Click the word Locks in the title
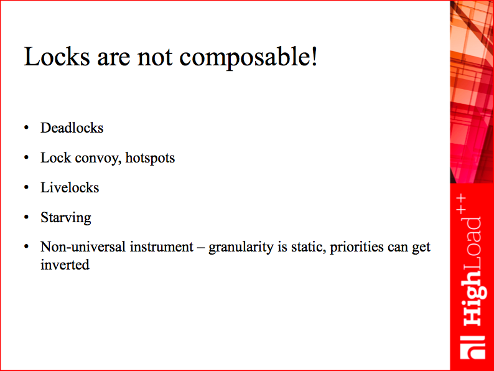coord(57,57)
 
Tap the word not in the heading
coord(155,58)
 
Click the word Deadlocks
coord(72,128)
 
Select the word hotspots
coord(150,158)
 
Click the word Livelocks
coord(70,187)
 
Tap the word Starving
coord(66,218)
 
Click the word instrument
coord(162,247)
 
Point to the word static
coord(309,247)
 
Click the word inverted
coord(65,265)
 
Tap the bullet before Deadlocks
coord(27,128)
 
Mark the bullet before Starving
coord(27,217)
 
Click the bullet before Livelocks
coord(27,187)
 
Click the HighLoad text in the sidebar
coord(473,271)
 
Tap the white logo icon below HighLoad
coord(473,347)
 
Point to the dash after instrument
coord(201,248)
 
